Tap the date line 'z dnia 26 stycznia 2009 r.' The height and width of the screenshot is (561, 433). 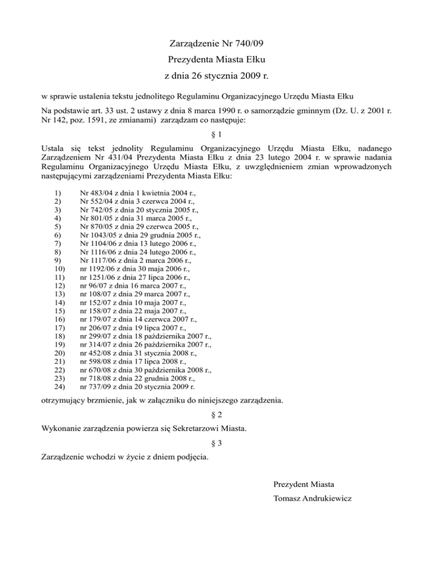point(216,73)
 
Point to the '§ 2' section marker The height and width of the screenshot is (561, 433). point(216,414)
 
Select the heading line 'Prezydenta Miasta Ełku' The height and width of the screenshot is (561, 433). point(216,59)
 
